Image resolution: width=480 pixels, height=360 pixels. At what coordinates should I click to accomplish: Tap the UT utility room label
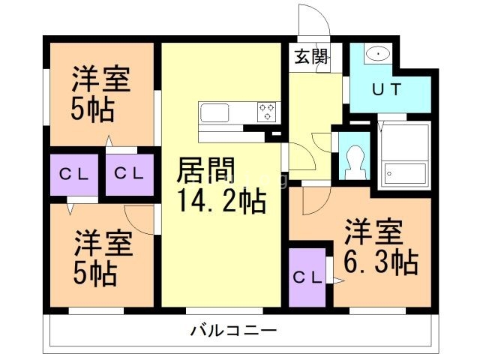click(x=388, y=88)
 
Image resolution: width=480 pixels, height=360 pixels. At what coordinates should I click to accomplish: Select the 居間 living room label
click(x=204, y=170)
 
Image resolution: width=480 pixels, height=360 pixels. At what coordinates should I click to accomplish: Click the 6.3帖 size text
click(x=380, y=262)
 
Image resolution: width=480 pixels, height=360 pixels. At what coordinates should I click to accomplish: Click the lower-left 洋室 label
click(x=103, y=244)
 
